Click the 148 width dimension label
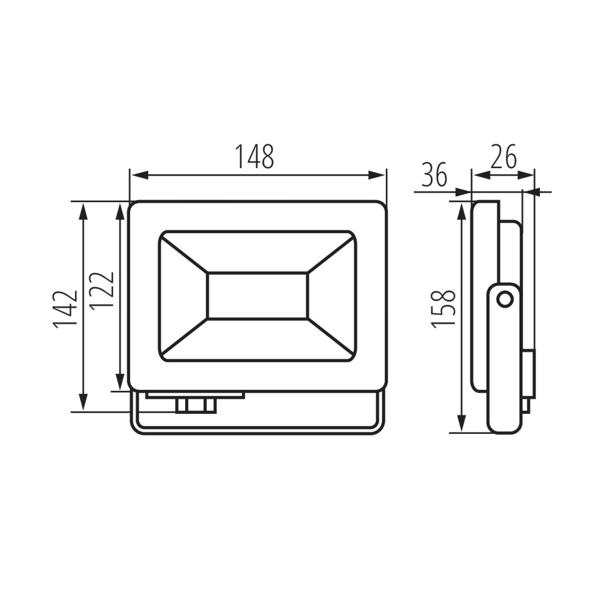click(255, 157)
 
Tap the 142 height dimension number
click(65, 310)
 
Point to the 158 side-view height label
click(443, 310)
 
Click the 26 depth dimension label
click(503, 157)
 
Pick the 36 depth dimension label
click(434, 175)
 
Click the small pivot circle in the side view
click(505, 300)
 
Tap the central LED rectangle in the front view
click(257, 296)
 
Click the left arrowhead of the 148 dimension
click(139, 175)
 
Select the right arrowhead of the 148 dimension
click(376, 175)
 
